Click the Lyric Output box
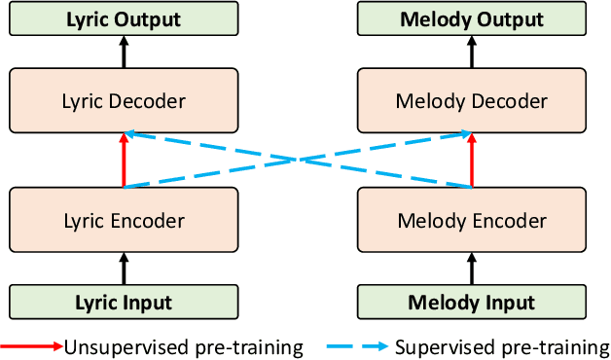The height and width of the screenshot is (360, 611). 124,18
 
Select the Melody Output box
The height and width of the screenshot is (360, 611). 472,18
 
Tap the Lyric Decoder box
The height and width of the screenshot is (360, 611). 124,101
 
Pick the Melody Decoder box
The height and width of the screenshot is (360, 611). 472,101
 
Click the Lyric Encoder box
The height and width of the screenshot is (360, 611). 124,221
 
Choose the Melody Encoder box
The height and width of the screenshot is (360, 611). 472,221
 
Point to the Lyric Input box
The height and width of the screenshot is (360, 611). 124,303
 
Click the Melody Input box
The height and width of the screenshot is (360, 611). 472,303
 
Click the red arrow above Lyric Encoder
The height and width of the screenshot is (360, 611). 124,162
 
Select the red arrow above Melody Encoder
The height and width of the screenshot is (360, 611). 472,162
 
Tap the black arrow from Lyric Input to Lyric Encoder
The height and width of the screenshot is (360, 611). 124,269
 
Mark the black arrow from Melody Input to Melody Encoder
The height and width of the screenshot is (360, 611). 472,269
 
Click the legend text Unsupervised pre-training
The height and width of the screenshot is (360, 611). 183,347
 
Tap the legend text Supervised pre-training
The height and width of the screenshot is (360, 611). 501,347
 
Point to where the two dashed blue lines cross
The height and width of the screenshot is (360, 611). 298,161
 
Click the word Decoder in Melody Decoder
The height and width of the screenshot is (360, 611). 512,101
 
